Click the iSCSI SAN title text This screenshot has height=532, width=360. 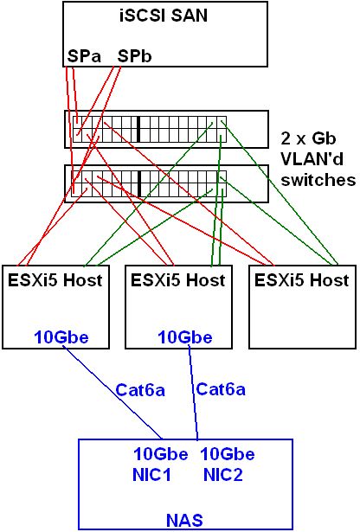(164, 16)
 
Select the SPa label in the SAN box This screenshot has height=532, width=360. (84, 56)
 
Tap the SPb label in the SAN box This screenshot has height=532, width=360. (134, 56)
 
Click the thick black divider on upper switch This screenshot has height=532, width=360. (138, 129)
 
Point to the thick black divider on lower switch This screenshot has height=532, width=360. (138, 183)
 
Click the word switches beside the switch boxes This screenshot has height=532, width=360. (318, 179)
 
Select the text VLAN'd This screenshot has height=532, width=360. (312, 159)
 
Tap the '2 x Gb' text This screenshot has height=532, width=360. (308, 138)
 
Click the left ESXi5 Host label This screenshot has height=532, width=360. (55, 280)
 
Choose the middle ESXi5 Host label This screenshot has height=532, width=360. (177, 280)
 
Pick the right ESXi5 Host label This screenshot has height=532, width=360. (302, 280)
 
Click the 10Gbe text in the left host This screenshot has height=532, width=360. (61, 337)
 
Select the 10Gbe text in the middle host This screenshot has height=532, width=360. (185, 337)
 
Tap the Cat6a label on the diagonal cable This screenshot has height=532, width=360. (140, 390)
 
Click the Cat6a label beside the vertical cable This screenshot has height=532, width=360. (221, 388)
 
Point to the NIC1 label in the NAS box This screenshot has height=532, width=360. (151, 475)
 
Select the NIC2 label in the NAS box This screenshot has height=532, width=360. (223, 475)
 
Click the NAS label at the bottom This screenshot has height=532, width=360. (184, 520)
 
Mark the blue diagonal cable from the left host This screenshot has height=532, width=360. (113, 392)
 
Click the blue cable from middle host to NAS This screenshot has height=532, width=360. (193, 392)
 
